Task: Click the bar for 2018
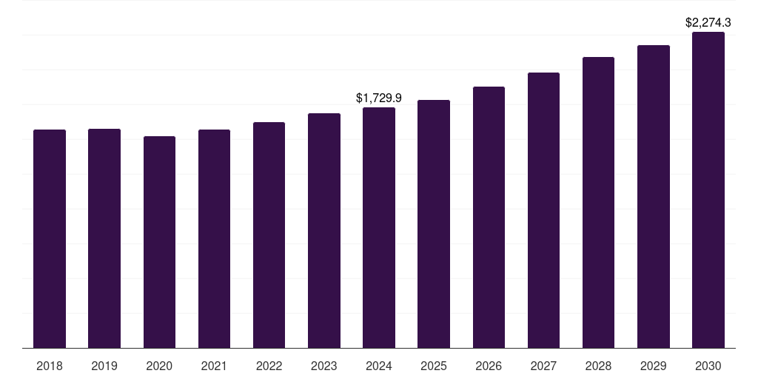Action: point(50,238)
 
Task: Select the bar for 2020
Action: point(159,242)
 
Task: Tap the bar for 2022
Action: point(269,235)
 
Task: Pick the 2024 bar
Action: point(379,227)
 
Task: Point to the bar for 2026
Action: point(489,217)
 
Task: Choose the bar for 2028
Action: point(598,202)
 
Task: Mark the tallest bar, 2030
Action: point(708,189)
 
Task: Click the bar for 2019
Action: point(104,238)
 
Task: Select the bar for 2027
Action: point(543,210)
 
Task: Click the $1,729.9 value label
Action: point(379,98)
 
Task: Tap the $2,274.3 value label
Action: point(708,22)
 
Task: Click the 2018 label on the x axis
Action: point(50,366)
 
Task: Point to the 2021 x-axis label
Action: point(214,366)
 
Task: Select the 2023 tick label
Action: point(323,366)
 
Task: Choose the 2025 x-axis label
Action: point(434,366)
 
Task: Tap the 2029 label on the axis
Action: point(653,366)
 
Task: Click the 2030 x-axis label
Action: point(708,366)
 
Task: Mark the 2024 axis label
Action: point(379,366)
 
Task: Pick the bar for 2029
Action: point(653,196)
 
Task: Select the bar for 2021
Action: point(214,238)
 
